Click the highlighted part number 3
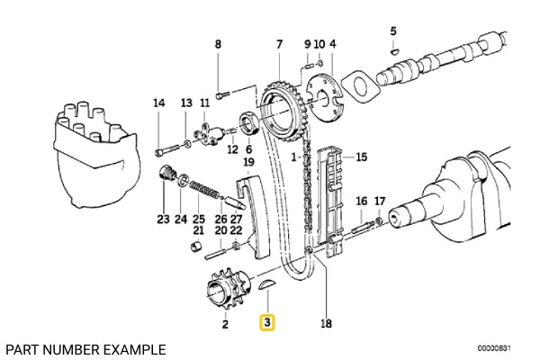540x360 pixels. (267, 322)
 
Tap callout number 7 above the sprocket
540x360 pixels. (279, 43)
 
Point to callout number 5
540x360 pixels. (392, 32)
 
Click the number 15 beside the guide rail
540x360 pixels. (361, 157)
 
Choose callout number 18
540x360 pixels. (326, 322)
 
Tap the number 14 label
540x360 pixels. (159, 103)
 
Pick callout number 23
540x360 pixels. (163, 219)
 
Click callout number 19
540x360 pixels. (248, 161)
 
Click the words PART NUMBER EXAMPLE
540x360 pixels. (85, 348)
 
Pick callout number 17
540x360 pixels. (379, 201)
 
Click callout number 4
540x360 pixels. (332, 43)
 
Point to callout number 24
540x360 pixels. (181, 219)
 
